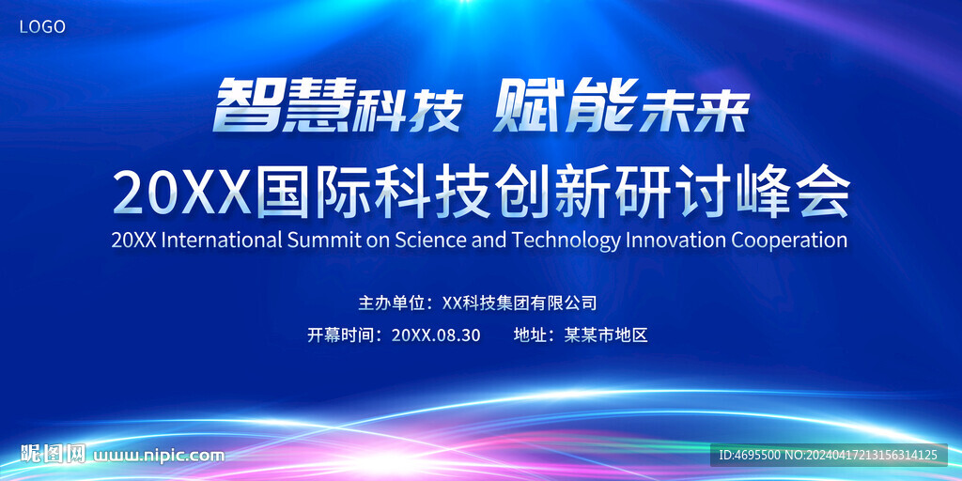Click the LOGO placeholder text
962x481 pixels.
tap(42, 27)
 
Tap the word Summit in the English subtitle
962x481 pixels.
tap(324, 240)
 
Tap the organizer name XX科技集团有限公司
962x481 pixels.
tap(519, 303)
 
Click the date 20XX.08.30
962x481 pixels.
tap(436, 335)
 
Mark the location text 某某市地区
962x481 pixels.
tap(606, 335)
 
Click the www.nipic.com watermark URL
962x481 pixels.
tap(158, 456)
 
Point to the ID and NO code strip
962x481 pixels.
tap(829, 455)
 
